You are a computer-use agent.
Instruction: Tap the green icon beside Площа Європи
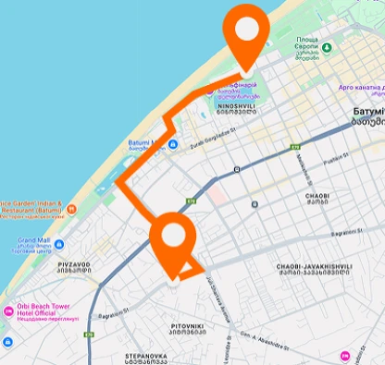[x=327, y=47]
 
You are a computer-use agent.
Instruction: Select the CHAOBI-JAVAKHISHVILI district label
[x=315, y=270]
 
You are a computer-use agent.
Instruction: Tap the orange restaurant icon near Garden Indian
[x=71, y=209]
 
